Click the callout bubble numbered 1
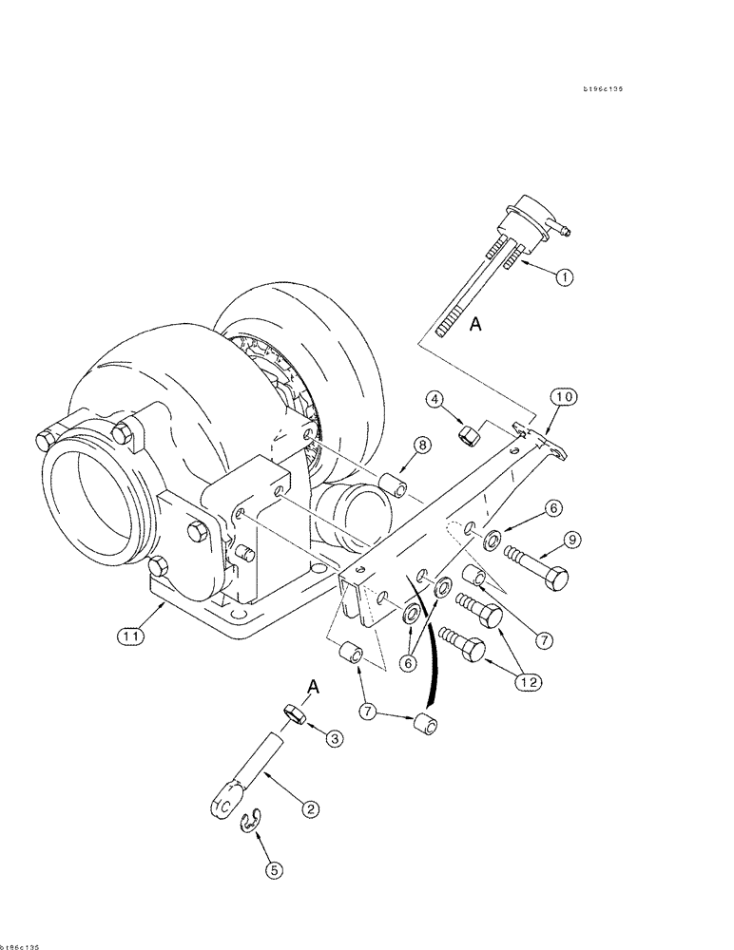coord(564,278)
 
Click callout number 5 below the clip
coord(273,867)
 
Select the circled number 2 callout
coord(310,809)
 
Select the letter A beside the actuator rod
coord(476,325)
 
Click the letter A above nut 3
coord(313,686)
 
